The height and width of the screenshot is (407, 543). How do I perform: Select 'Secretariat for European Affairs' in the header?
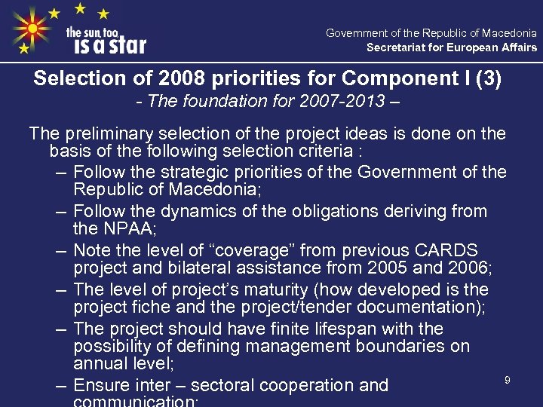pyautogui.click(x=452, y=47)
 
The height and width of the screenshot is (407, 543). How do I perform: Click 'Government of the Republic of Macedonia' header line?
pyautogui.click(x=431, y=33)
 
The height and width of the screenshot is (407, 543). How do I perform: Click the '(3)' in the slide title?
pyautogui.click(x=486, y=78)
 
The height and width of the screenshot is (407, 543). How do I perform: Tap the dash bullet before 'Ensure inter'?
pyautogui.click(x=61, y=385)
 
